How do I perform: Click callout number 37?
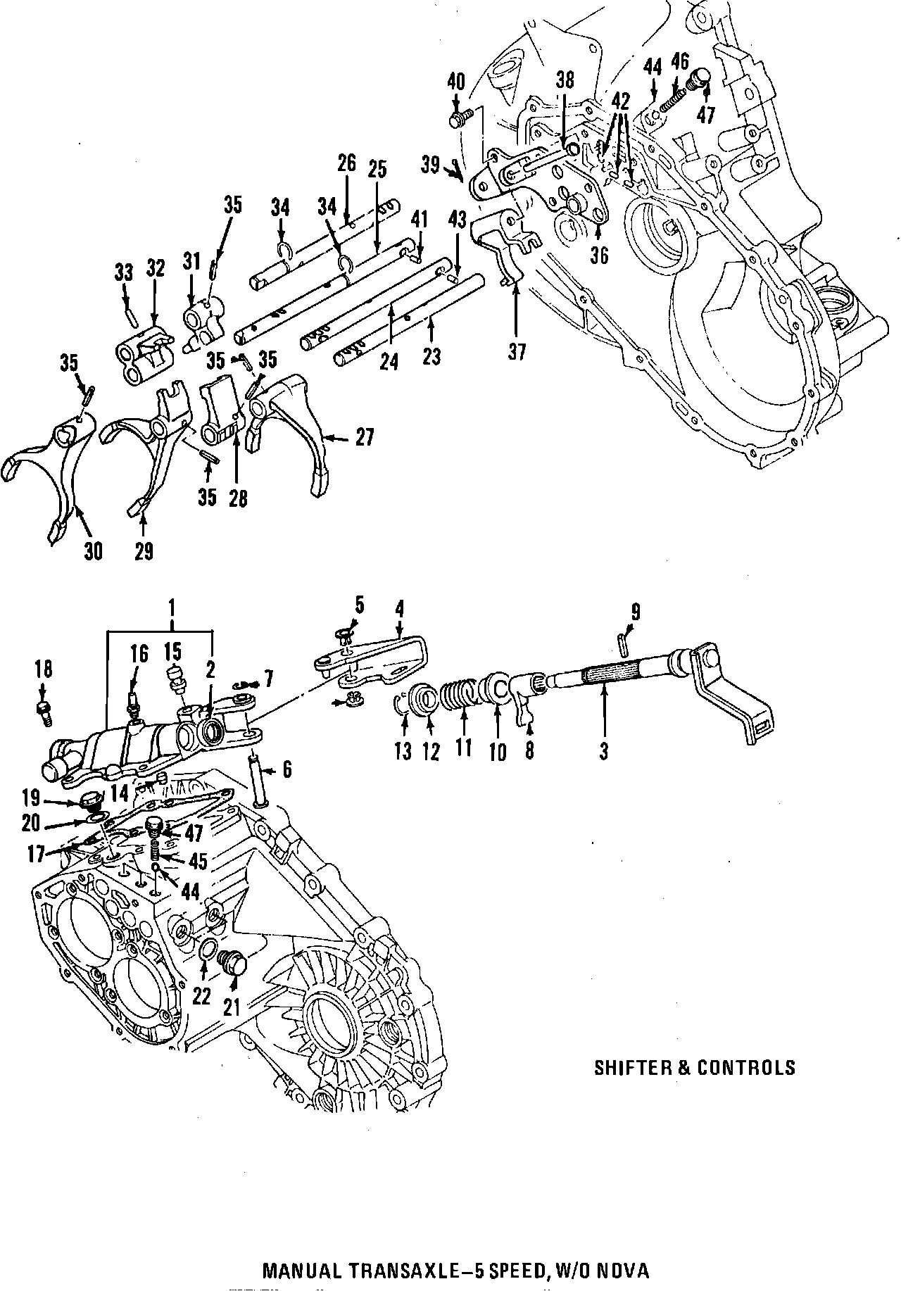(517, 352)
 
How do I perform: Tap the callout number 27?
(364, 437)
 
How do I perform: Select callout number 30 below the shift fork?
(93, 550)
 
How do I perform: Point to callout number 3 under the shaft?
(603, 751)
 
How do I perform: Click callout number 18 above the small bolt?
(43, 669)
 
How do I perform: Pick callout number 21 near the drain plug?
(232, 1007)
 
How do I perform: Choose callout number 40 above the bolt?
(456, 82)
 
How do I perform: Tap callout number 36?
(599, 256)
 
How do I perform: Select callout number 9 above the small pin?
(635, 612)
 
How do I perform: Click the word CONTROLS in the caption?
(746, 1068)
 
